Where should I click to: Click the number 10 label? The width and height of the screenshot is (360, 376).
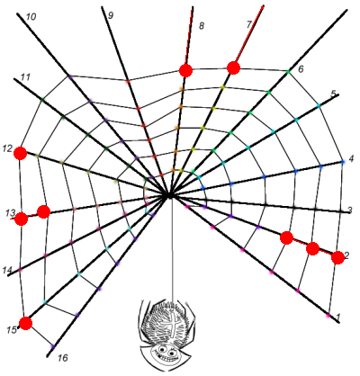[x=31, y=17]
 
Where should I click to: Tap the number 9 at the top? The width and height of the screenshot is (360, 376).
[x=111, y=15]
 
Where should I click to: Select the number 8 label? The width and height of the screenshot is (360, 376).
[x=202, y=26]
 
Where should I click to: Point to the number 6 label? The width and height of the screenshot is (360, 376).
[x=301, y=69]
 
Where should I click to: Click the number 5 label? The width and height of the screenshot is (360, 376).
[x=333, y=94]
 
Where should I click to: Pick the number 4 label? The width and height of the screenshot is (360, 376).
[x=352, y=159]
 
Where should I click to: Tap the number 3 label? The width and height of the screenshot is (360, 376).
[x=350, y=210]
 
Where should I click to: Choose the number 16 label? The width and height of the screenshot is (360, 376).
[x=63, y=358]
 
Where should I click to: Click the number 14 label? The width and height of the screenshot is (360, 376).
[x=7, y=270]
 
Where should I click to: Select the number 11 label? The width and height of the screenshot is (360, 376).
[x=25, y=77]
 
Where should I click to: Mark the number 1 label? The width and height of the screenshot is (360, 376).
[x=338, y=317]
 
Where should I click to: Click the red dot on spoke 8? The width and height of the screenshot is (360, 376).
[x=185, y=70]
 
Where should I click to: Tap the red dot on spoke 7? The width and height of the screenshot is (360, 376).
[x=233, y=67]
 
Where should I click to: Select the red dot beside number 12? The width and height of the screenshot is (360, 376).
[x=21, y=154]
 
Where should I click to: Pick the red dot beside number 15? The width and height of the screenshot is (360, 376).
[x=26, y=323]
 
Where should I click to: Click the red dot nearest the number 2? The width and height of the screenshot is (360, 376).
[x=338, y=258]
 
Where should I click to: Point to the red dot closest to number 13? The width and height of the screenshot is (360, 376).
[x=22, y=219]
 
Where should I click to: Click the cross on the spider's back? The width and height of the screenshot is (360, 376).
[x=174, y=325]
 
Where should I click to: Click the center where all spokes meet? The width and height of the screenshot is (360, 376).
[x=168, y=196]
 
